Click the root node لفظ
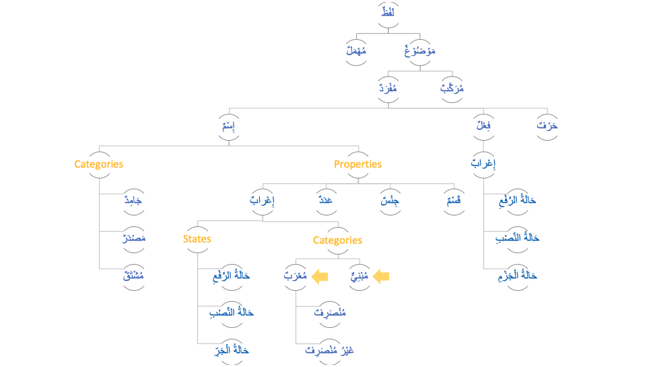(388, 13)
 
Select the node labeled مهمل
(356, 51)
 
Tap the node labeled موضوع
(420, 51)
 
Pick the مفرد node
(388, 89)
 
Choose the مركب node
(452, 89)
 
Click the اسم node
(228, 127)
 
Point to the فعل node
(483, 127)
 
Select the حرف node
(547, 127)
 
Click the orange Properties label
(358, 164)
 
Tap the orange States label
(197, 239)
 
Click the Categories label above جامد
(99, 164)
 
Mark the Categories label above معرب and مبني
(337, 240)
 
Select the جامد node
(133, 201)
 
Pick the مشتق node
(133, 276)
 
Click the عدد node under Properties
(327, 201)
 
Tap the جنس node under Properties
(390, 201)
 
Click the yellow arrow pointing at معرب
(320, 275)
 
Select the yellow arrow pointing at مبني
(381, 275)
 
